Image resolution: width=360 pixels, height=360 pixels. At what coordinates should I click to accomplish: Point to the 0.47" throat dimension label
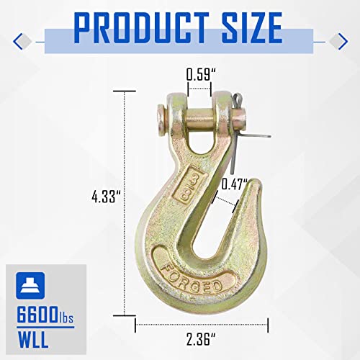[x=235, y=184]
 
